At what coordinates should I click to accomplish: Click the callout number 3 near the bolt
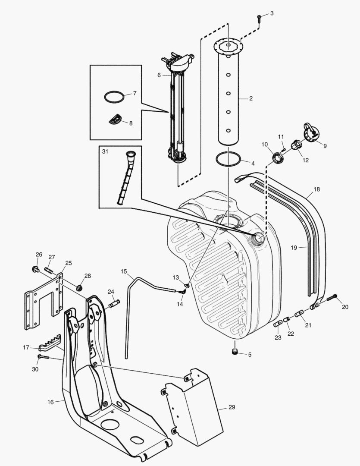(x=272, y=13)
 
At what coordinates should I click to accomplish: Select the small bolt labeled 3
(x=259, y=18)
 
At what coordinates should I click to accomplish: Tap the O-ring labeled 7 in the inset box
(x=113, y=97)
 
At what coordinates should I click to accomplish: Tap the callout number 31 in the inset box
(x=105, y=151)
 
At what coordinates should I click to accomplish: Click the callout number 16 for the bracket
(x=50, y=402)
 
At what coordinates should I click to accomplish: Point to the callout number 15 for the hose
(x=124, y=271)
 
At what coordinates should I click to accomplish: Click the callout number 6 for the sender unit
(x=159, y=75)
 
